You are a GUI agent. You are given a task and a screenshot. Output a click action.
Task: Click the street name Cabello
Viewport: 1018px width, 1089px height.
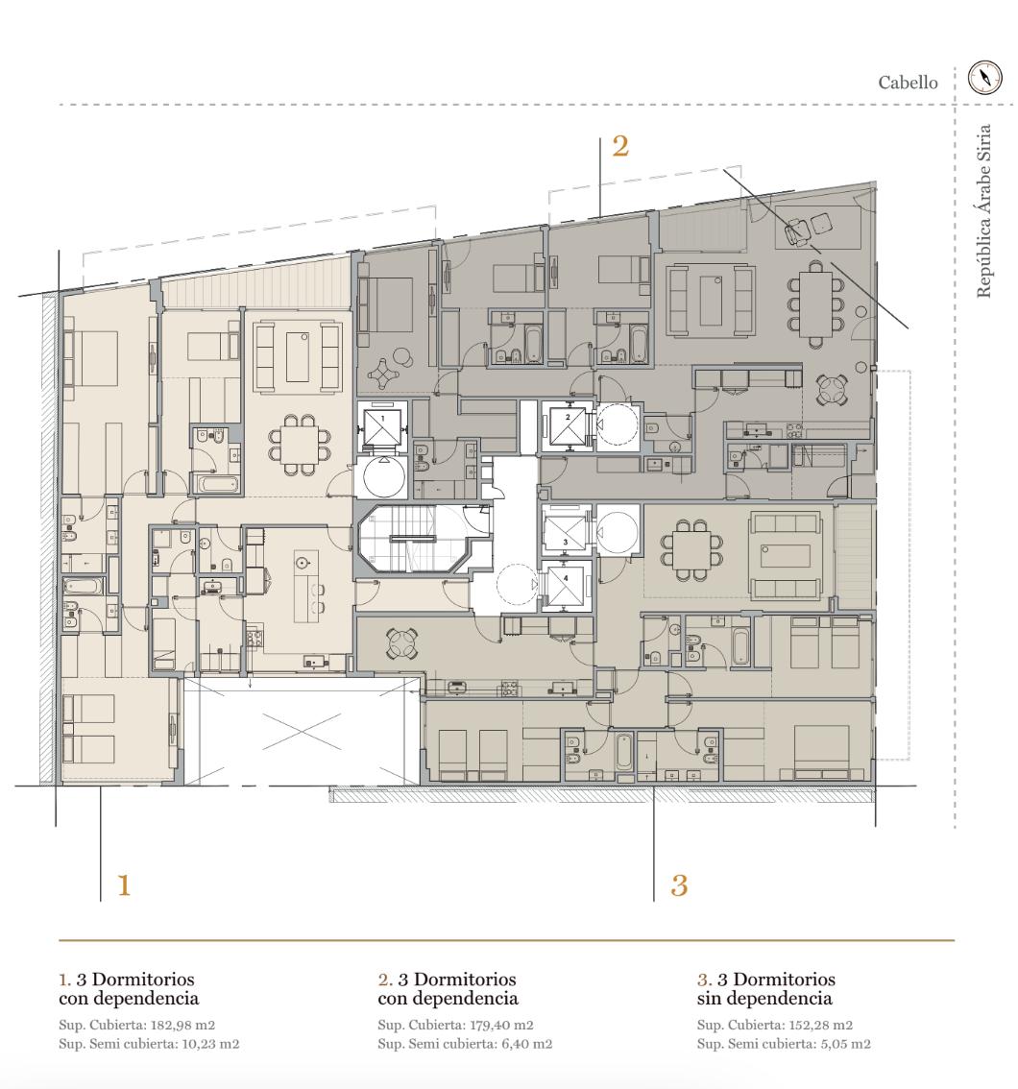coord(908,83)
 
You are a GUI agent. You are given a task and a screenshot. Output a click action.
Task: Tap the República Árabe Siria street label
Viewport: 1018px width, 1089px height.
coord(983,211)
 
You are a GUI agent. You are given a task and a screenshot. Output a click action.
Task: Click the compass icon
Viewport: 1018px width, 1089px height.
coord(985,77)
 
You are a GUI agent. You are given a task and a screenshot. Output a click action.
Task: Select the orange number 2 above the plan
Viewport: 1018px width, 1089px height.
coord(620,146)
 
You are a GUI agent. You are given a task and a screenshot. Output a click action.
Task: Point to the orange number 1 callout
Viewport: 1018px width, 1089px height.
coord(124,885)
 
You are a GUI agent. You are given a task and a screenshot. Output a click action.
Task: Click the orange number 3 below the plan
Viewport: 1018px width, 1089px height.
coord(679,885)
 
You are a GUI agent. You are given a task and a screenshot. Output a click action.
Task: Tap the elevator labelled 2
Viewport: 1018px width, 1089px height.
coord(568,426)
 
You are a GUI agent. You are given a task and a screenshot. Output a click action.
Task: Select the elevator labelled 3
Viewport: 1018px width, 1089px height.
coord(566,532)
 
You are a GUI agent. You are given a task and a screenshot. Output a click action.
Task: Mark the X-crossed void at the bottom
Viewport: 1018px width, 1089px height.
coord(302,732)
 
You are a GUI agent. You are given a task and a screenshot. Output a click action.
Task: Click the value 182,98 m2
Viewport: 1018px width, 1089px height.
coord(182,1025)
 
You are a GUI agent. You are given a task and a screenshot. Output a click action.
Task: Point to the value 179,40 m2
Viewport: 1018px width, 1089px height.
coord(501,1025)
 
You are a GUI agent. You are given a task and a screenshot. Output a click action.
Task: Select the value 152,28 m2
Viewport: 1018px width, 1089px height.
coord(821,1025)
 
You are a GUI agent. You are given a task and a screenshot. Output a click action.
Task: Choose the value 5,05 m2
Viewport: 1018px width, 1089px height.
coord(848,1043)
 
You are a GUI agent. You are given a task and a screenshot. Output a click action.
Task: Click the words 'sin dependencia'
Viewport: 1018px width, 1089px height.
coord(764,998)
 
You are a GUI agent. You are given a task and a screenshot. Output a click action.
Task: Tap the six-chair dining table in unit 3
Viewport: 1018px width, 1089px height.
coord(692,549)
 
